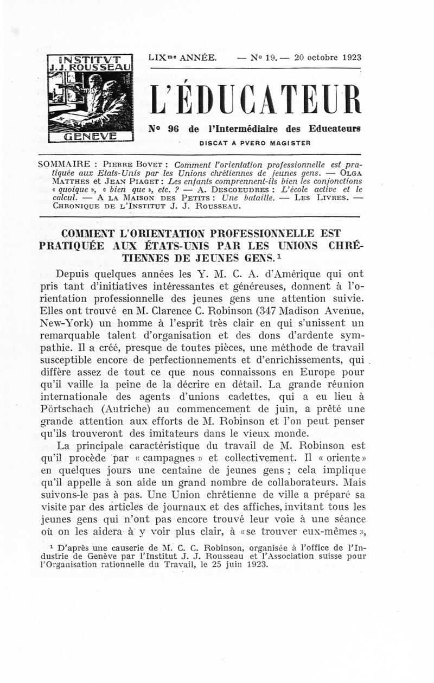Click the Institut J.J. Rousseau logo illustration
[x=90, y=99]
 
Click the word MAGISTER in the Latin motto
[x=291, y=143]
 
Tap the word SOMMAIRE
[x=62, y=164]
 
